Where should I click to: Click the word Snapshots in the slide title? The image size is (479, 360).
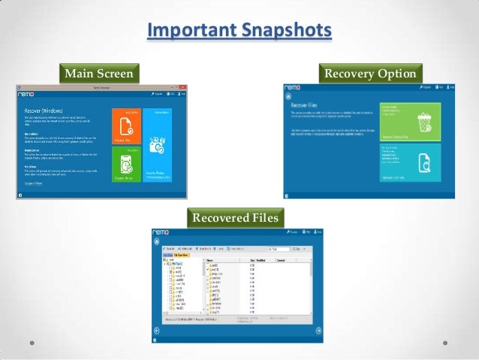click(283, 31)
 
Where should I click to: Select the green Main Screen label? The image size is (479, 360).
click(100, 74)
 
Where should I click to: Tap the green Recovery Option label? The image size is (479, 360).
click(370, 74)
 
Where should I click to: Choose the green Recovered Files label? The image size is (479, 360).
click(236, 218)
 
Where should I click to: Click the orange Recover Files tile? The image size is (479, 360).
click(126, 126)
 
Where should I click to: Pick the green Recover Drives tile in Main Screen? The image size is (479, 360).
click(126, 165)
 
